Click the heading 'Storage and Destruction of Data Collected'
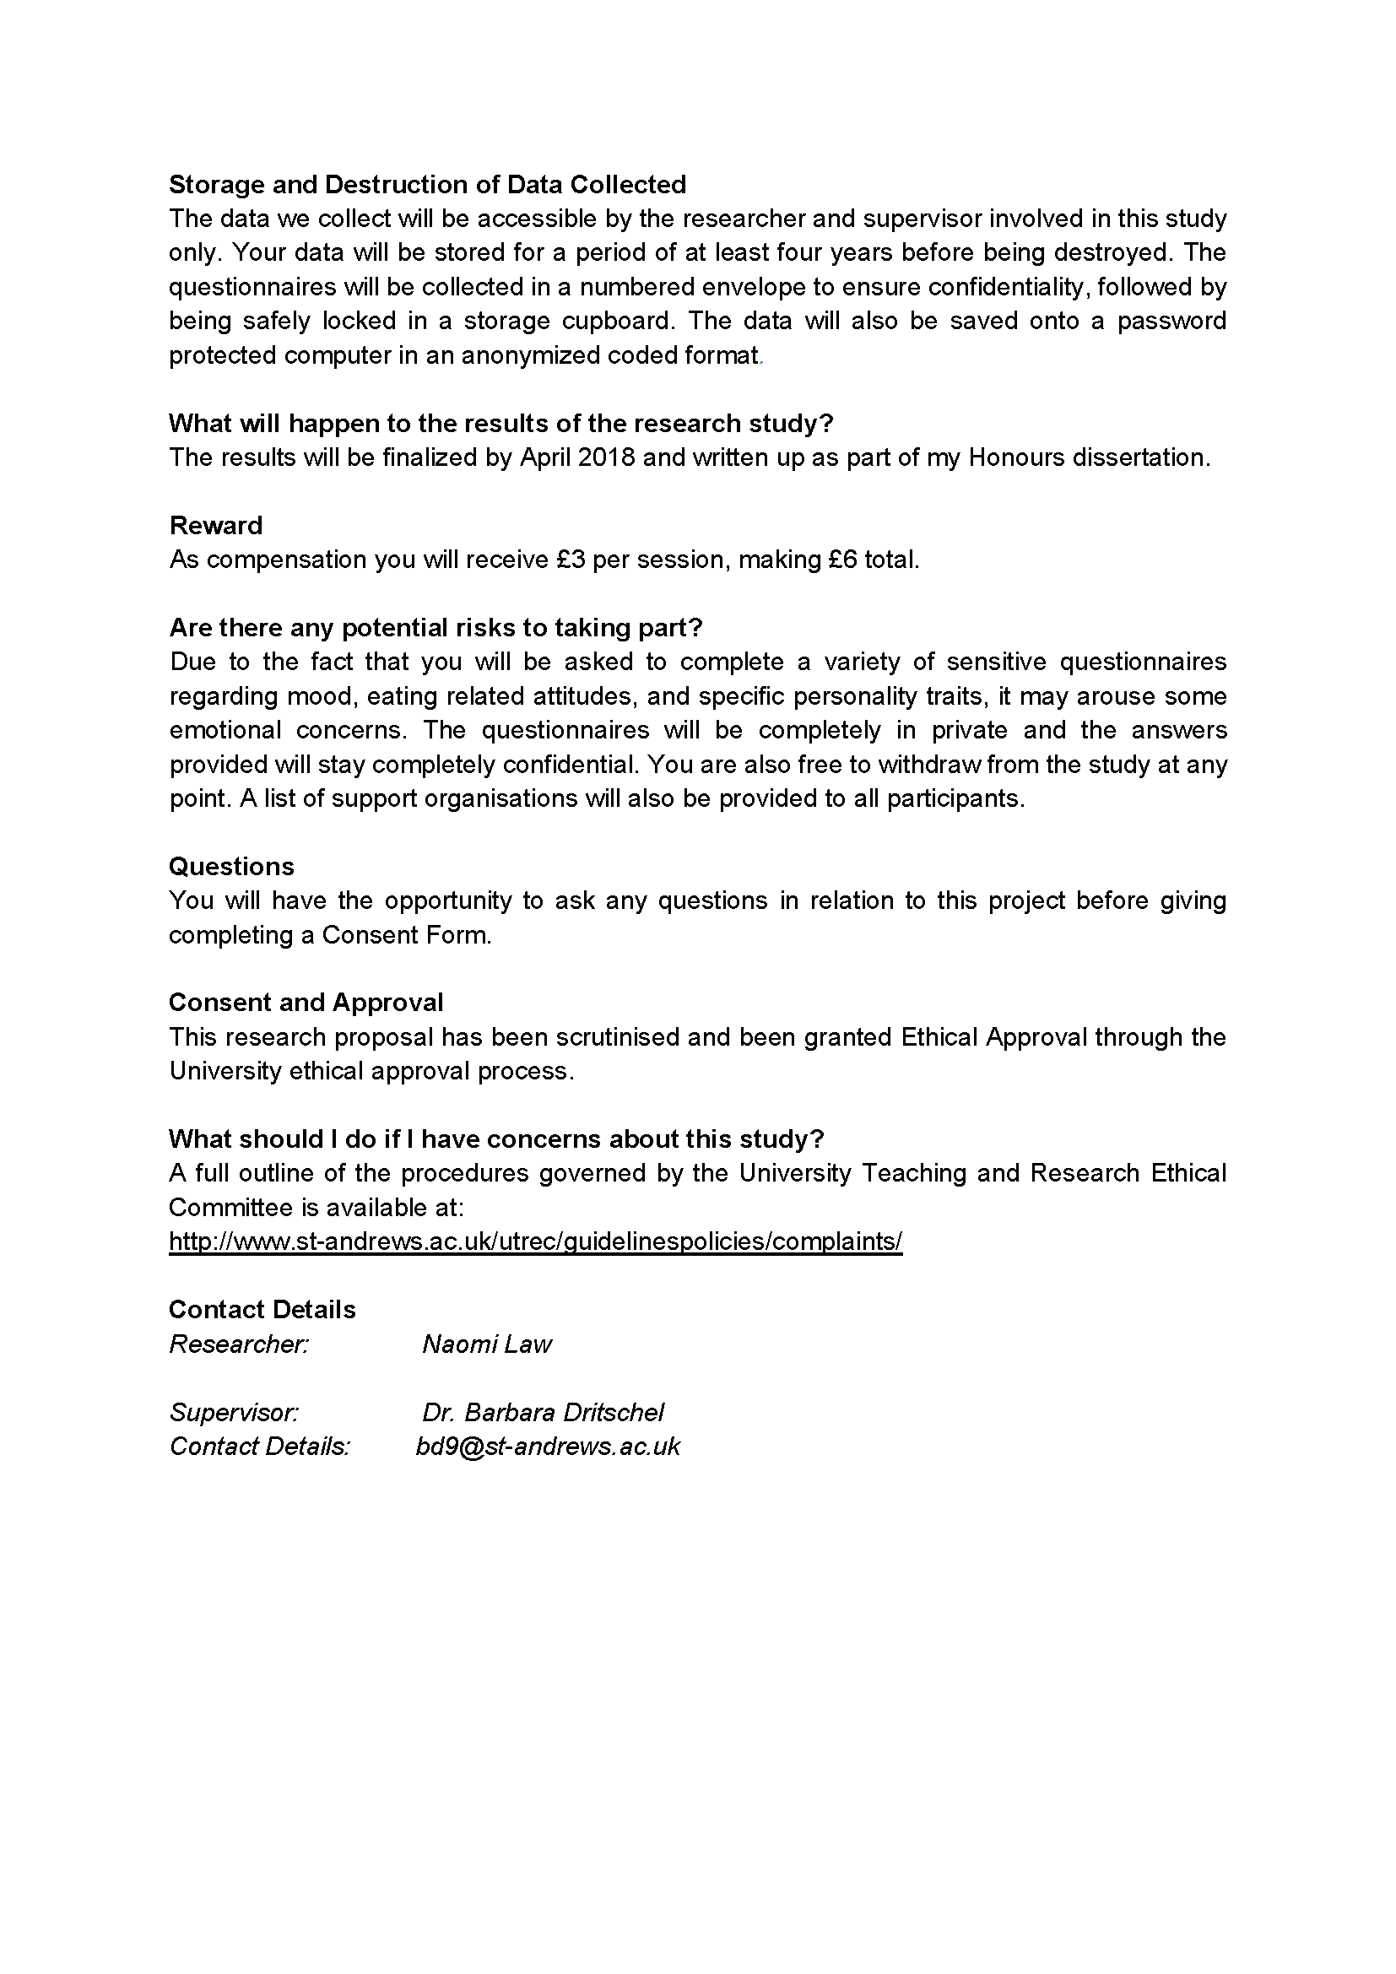(x=427, y=185)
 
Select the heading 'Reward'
(x=216, y=525)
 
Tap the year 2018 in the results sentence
(x=606, y=457)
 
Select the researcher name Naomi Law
(x=486, y=1344)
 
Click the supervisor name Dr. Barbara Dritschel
(x=543, y=1413)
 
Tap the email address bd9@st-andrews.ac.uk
(x=548, y=1447)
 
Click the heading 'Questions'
(x=231, y=867)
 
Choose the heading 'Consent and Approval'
(x=306, y=1003)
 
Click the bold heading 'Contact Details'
(x=262, y=1311)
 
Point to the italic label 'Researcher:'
(x=239, y=1344)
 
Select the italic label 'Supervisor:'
(x=234, y=1413)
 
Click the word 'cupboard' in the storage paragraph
(x=617, y=321)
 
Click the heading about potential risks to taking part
(x=436, y=628)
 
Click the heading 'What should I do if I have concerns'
(x=496, y=1139)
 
